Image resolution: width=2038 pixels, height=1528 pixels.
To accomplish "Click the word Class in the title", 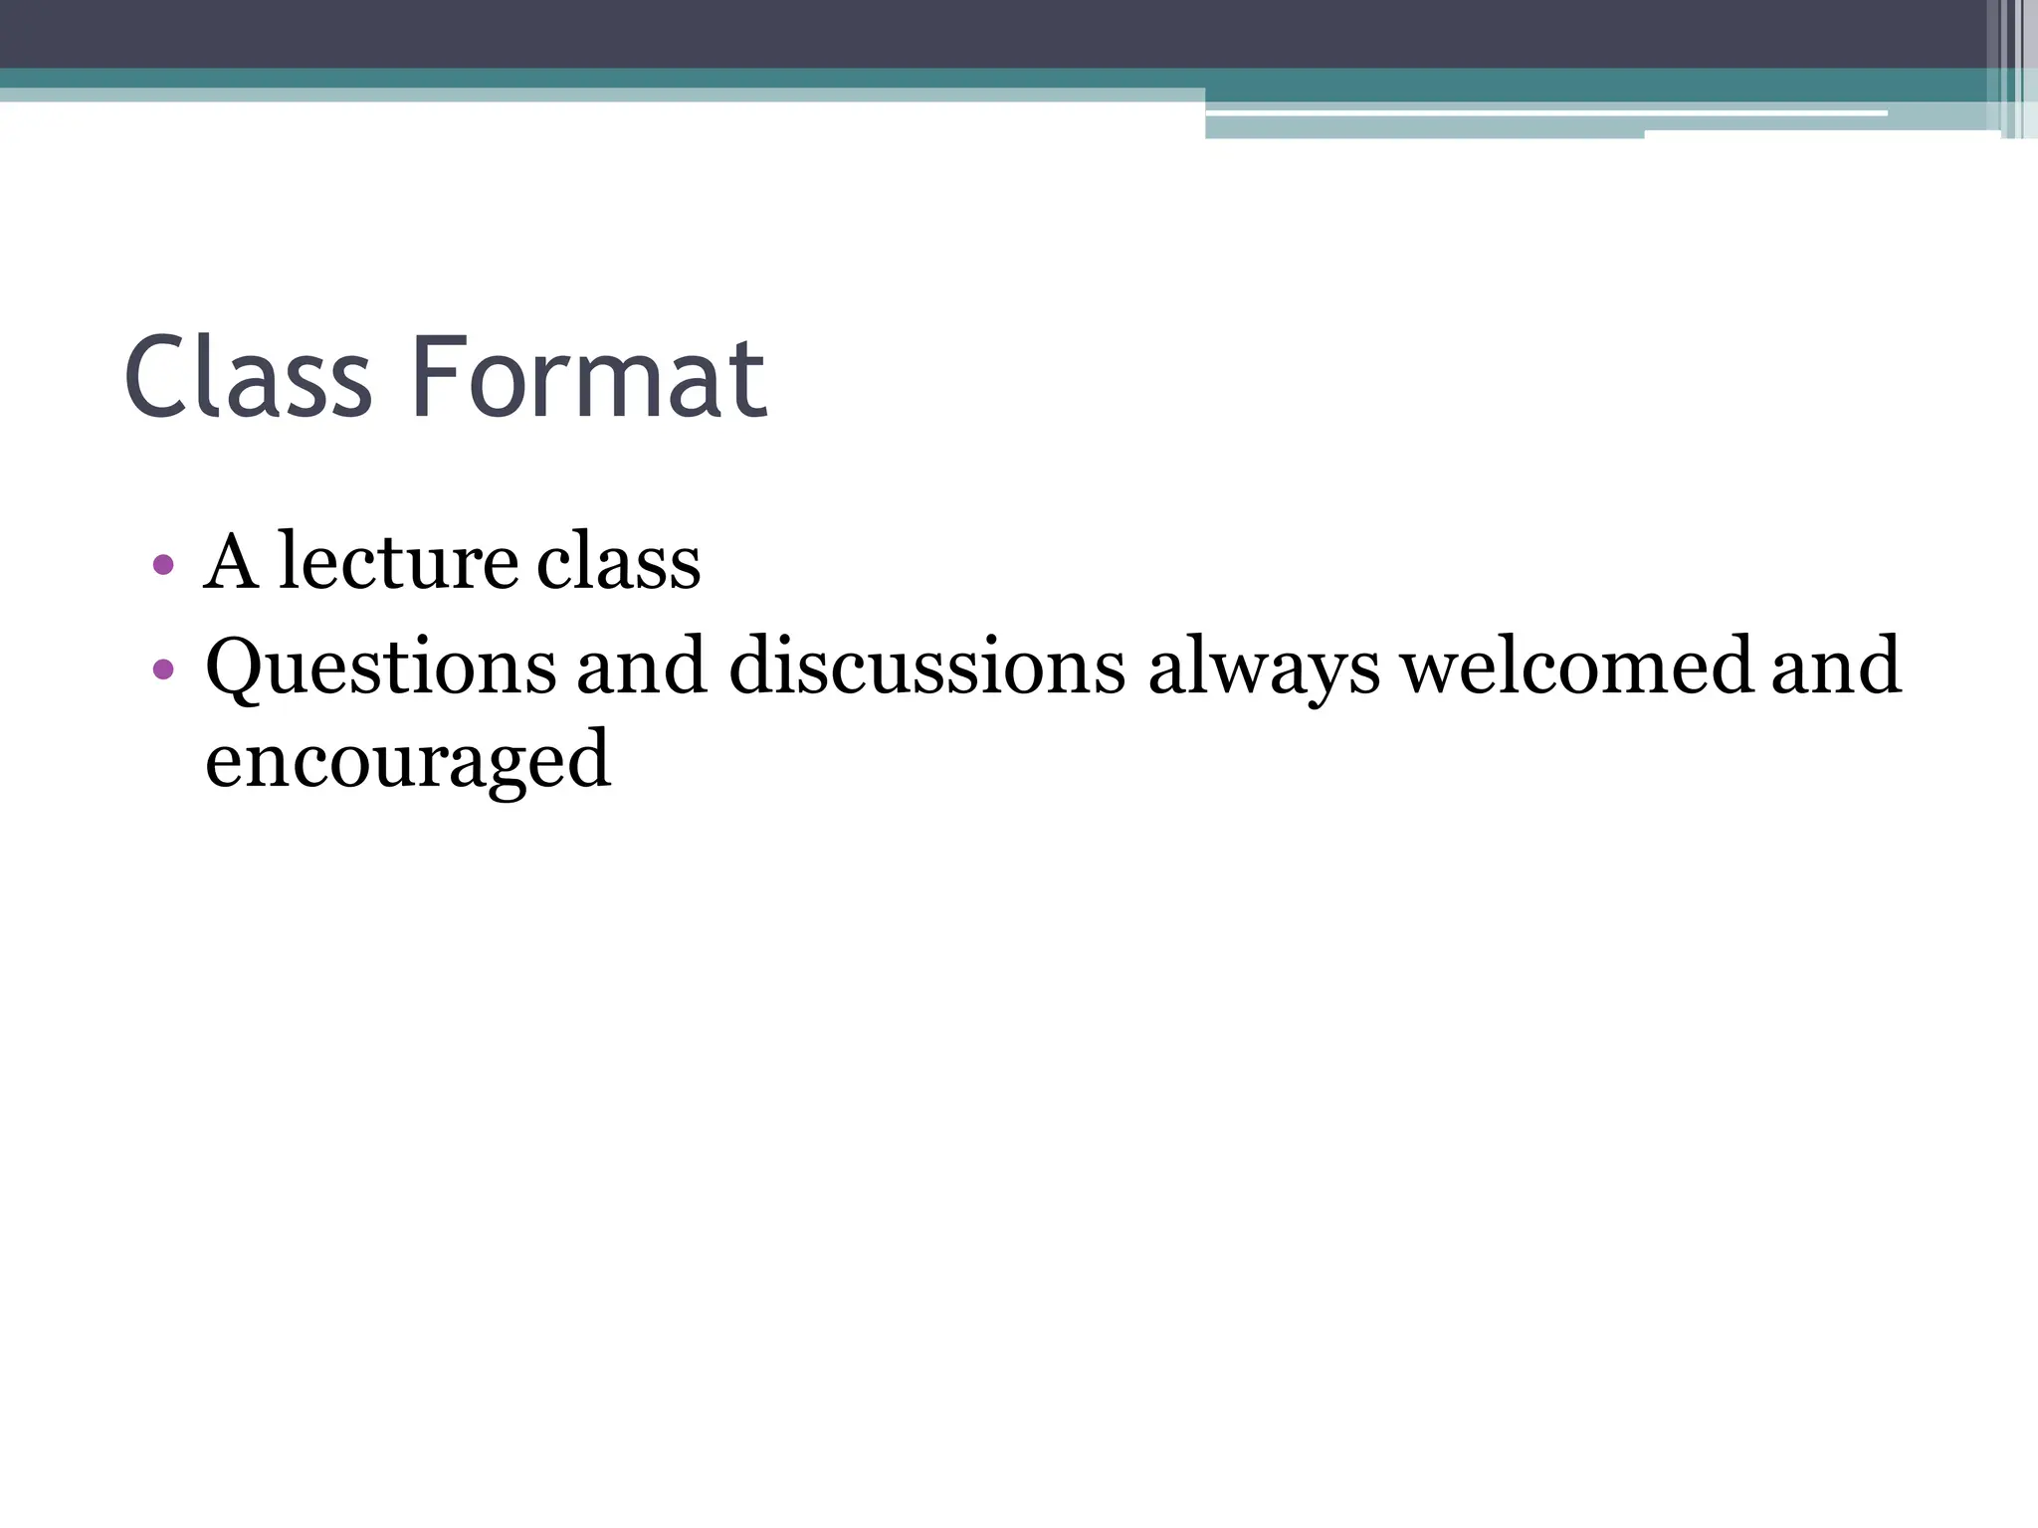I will coord(248,377).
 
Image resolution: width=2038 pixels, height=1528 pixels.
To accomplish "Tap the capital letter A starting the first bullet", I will coord(231,562).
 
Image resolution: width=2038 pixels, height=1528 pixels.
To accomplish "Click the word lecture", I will coord(397,562).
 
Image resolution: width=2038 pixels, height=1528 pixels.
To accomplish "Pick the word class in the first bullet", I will coord(618,562).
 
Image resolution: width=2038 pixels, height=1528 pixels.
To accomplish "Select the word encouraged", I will coord(408,761).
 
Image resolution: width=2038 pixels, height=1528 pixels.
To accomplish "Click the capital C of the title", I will coord(159,377).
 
